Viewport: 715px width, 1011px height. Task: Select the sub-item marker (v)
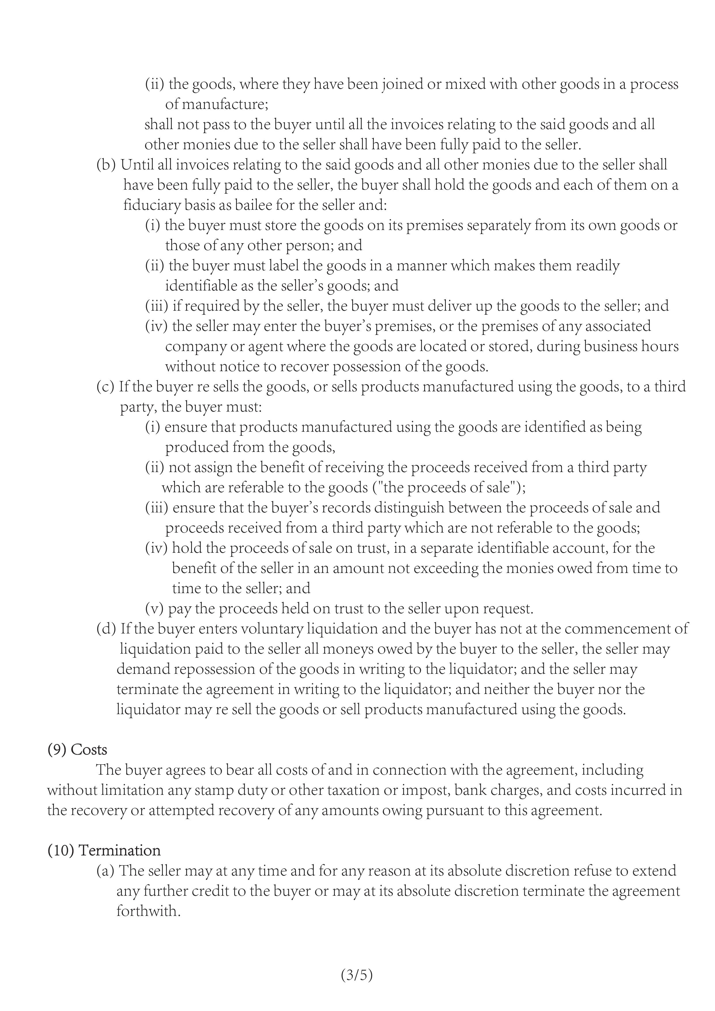click(154, 609)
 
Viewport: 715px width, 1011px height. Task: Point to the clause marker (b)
click(106, 165)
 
